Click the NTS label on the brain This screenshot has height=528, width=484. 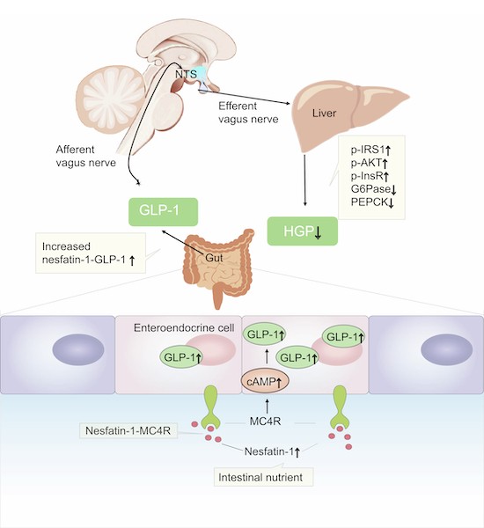186,74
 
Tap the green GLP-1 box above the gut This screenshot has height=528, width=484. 163,211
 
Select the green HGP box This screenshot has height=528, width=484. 303,231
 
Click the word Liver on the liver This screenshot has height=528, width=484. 324,113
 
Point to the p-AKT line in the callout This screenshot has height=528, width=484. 369,163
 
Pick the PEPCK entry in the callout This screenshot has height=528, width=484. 372,202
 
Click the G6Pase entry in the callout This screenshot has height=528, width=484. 373,189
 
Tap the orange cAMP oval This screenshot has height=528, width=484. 265,382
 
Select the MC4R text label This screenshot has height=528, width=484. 265,421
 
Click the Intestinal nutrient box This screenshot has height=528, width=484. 263,477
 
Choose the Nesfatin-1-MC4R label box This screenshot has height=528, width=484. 128,430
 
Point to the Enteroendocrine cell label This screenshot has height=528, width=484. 184,327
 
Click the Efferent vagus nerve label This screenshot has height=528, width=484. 248,113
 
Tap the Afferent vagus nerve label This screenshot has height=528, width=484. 86,156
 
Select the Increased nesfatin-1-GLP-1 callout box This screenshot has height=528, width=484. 91,253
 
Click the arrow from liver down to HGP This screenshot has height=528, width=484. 305,180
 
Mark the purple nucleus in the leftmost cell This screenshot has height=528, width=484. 78,350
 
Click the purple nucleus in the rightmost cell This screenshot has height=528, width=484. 447,350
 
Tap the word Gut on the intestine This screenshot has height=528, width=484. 214,258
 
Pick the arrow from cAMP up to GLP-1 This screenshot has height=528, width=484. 268,356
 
